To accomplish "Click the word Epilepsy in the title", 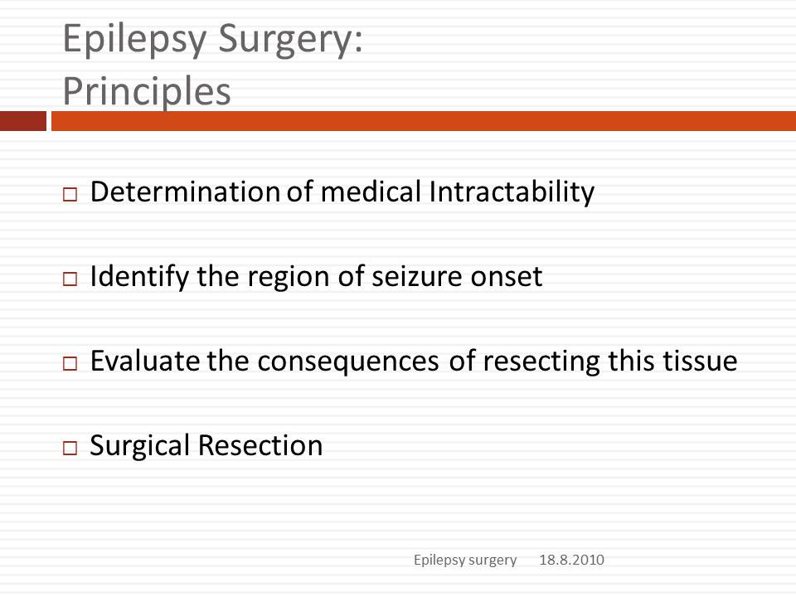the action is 135,41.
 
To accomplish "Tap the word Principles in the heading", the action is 147,91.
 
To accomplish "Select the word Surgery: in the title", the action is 291,41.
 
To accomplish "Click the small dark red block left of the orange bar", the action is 23,121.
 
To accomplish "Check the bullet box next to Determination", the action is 70,194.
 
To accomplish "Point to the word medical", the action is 371,192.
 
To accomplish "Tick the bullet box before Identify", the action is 70,279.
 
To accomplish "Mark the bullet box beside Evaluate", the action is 70,363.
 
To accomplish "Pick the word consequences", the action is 348,362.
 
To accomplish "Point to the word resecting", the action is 541,362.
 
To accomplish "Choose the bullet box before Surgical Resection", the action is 70,448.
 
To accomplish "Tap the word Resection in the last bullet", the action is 260,446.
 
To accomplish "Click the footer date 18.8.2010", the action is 571,560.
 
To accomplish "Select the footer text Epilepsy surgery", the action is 465,561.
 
